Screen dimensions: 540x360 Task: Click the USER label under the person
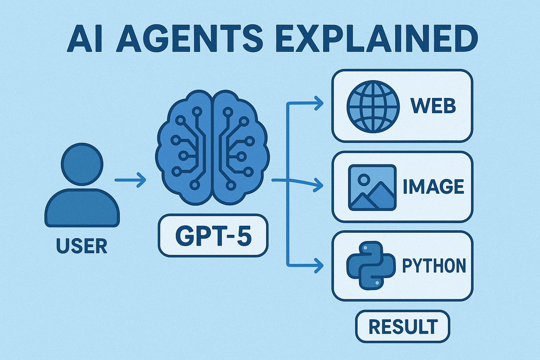82,246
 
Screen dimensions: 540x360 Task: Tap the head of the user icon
82,165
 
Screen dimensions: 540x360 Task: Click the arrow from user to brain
130,180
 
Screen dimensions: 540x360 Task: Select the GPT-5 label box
213,235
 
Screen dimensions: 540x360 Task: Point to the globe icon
373,107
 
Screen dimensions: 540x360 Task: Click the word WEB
433,106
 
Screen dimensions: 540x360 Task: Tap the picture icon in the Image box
372,188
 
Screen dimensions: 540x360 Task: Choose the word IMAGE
433,186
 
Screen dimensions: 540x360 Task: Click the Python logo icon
371,265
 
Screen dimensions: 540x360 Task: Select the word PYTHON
434,266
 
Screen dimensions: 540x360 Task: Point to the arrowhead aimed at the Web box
319,104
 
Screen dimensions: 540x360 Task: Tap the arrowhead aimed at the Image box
319,186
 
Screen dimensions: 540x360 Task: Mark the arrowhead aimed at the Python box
319,266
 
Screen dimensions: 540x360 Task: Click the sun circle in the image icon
364,179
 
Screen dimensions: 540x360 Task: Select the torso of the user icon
82,208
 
